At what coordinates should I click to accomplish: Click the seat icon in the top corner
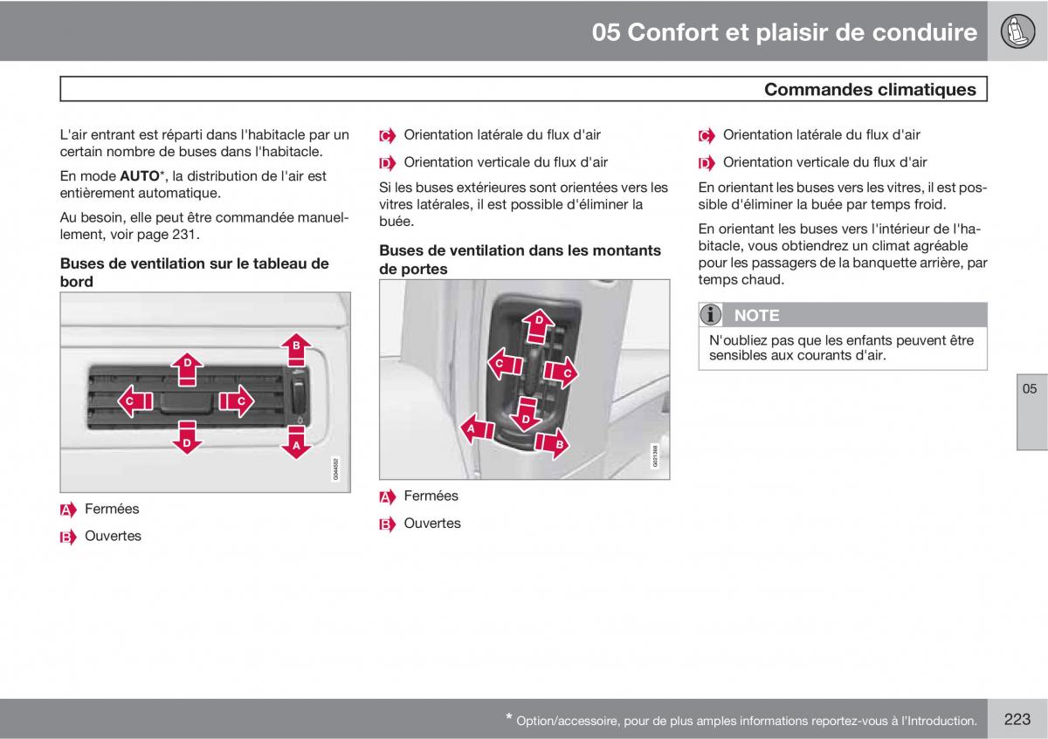[x=1017, y=31]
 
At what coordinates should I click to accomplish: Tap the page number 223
[x=1017, y=719]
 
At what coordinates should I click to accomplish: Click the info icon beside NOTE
[x=710, y=315]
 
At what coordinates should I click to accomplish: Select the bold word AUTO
[x=140, y=176]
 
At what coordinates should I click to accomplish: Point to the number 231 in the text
[x=184, y=234]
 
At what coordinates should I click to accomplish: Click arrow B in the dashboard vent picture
[x=296, y=349]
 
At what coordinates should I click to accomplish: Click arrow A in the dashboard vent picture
[x=296, y=442]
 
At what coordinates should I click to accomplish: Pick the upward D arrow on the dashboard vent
[x=187, y=369]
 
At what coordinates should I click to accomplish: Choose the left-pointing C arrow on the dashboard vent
[x=134, y=401]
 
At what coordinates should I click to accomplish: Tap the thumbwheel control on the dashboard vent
[x=299, y=394]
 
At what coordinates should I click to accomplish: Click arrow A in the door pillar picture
[x=477, y=428]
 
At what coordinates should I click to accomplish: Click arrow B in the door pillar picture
[x=553, y=443]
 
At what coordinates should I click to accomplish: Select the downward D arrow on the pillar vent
[x=527, y=414]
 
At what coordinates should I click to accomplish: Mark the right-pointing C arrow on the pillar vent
[x=561, y=373]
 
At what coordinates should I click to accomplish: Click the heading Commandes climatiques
[x=870, y=89]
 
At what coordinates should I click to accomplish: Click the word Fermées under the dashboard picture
[x=112, y=509]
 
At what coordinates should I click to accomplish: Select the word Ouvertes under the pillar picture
[x=432, y=523]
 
